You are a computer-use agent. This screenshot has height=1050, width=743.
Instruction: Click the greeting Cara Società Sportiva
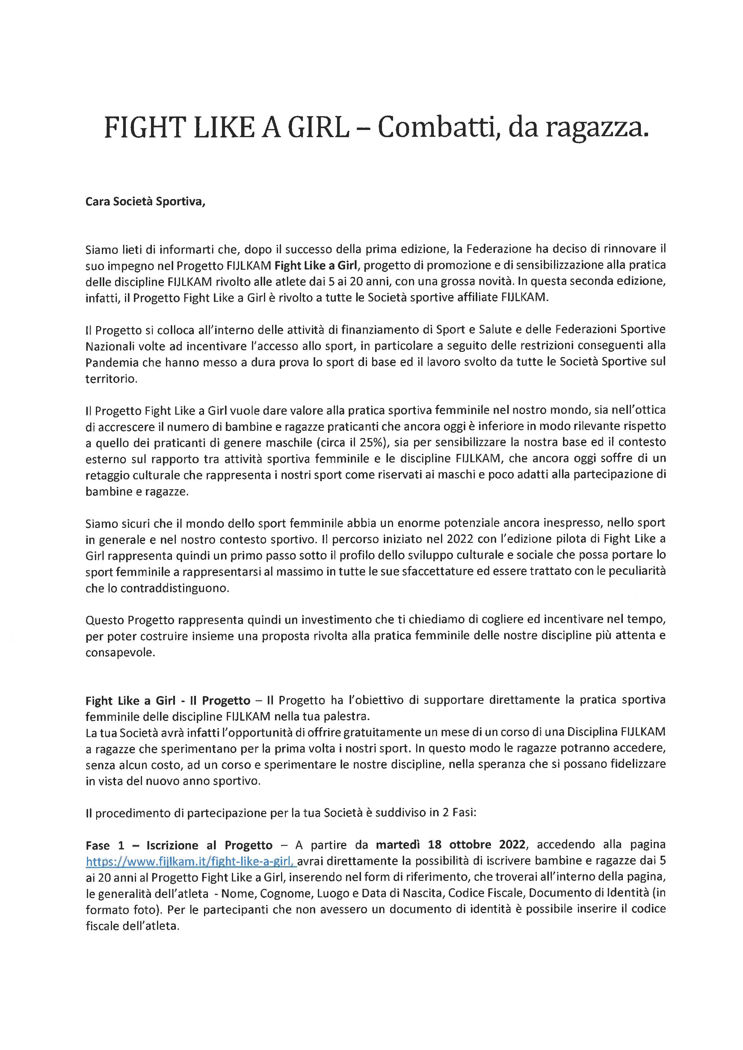pos(145,202)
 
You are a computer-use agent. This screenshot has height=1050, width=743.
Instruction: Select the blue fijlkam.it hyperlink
pos(191,862)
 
